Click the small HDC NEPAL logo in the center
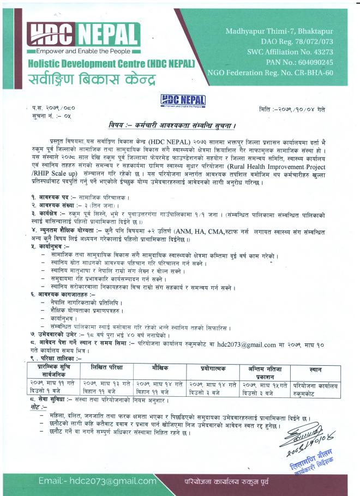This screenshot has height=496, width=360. pos(183,100)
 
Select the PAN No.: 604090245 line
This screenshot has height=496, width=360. pos(296,62)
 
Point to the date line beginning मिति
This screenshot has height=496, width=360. pos(292,110)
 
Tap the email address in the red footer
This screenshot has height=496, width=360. pos(97,480)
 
